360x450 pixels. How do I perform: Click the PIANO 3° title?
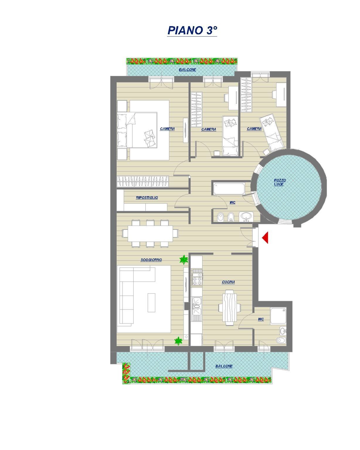pyautogui.click(x=192, y=30)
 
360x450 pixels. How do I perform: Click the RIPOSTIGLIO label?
pyautogui.click(x=147, y=198)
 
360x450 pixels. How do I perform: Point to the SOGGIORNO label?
pyautogui.click(x=151, y=260)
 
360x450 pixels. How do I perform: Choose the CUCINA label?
pyautogui.click(x=228, y=282)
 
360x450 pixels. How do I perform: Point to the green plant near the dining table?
pyautogui.click(x=184, y=259)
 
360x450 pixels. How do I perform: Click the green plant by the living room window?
pyautogui.click(x=178, y=341)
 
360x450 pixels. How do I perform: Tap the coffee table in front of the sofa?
pyautogui.click(x=152, y=303)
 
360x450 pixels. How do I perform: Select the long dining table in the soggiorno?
pyautogui.click(x=150, y=234)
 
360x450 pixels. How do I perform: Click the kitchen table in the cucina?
pyautogui.click(x=230, y=307)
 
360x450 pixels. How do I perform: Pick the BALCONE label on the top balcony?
pyautogui.click(x=187, y=70)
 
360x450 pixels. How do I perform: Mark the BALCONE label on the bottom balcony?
pyautogui.click(x=224, y=366)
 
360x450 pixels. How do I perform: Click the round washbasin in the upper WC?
pyautogui.click(x=245, y=216)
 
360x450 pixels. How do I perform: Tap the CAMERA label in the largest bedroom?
pyautogui.click(x=167, y=129)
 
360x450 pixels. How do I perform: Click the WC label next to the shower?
pyautogui.click(x=261, y=319)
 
